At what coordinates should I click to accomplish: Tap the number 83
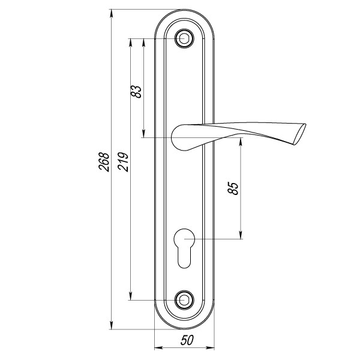point(137,91)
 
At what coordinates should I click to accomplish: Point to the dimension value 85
point(234,188)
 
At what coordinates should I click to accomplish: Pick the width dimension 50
point(187,340)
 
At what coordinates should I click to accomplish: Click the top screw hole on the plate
point(185,39)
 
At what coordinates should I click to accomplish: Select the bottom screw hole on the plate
point(185,299)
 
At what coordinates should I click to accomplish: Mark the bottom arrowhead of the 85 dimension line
point(241,235)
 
